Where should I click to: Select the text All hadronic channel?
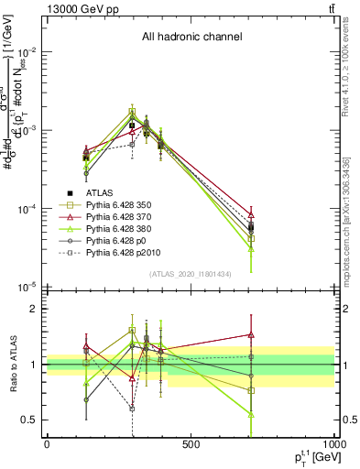pos(191,37)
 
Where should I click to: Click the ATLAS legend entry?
pos(102,193)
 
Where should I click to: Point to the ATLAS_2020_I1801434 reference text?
pos(191,274)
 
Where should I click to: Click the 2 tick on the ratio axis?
pos(33,309)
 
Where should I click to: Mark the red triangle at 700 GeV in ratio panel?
pos(251,334)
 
